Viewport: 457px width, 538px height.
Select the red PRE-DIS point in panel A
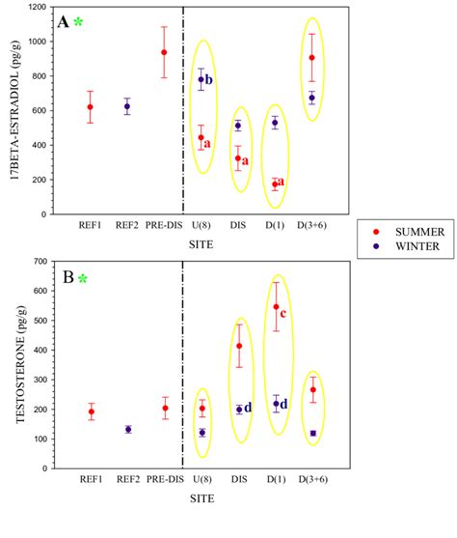click(164, 52)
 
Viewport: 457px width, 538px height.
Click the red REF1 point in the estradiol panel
click(90, 107)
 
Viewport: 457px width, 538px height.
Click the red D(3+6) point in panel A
click(311, 58)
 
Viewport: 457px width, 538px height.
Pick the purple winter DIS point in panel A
click(238, 126)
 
